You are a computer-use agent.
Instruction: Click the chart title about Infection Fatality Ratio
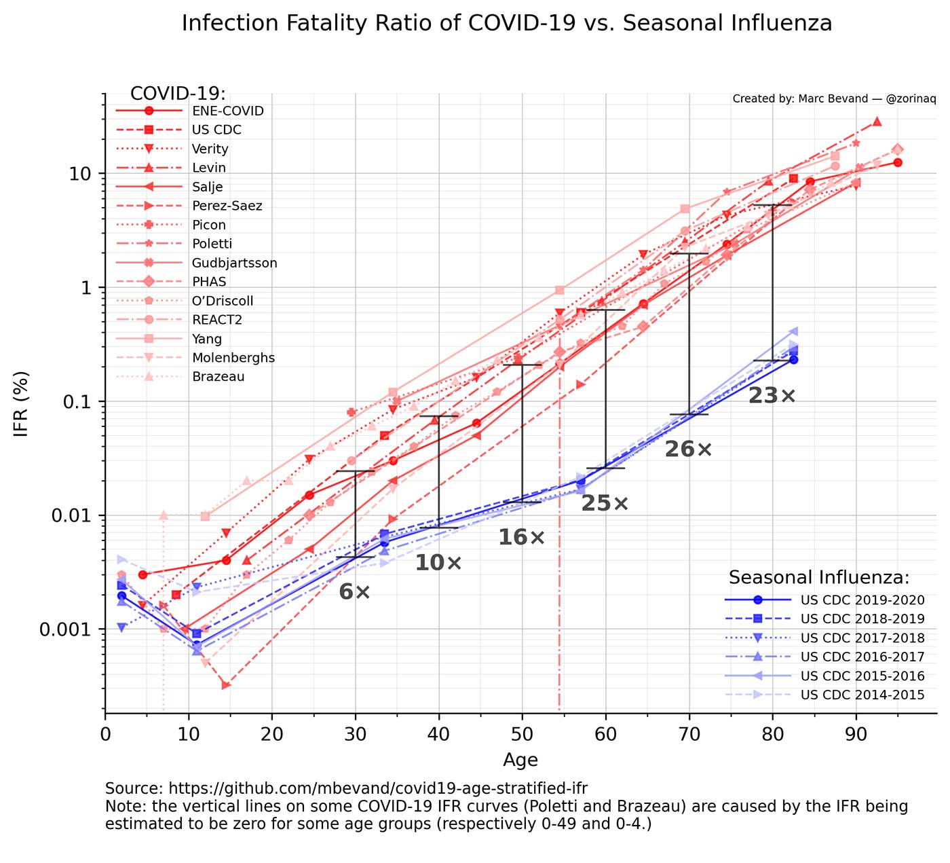point(506,24)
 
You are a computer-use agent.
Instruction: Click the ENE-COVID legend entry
point(227,111)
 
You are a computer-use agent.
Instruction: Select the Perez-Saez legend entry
point(227,206)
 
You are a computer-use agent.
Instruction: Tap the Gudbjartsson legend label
point(234,263)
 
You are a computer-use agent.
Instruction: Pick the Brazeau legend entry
point(218,378)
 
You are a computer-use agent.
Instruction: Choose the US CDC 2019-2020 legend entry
point(862,600)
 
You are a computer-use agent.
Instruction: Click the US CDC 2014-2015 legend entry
point(862,695)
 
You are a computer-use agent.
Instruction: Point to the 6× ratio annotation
point(354,592)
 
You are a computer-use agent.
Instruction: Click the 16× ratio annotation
point(521,538)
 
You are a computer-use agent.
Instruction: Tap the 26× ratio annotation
point(688,449)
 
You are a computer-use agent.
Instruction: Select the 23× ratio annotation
point(772,396)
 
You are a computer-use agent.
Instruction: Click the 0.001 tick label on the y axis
point(66,629)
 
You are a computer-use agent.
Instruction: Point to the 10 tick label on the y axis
point(80,174)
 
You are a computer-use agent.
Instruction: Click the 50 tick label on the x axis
point(522,735)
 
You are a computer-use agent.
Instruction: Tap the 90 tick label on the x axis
point(856,735)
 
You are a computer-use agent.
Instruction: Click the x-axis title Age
point(520,760)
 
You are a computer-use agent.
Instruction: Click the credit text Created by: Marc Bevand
point(834,99)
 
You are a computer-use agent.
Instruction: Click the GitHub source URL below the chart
point(378,788)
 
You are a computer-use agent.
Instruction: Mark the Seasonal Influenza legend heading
point(818,578)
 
